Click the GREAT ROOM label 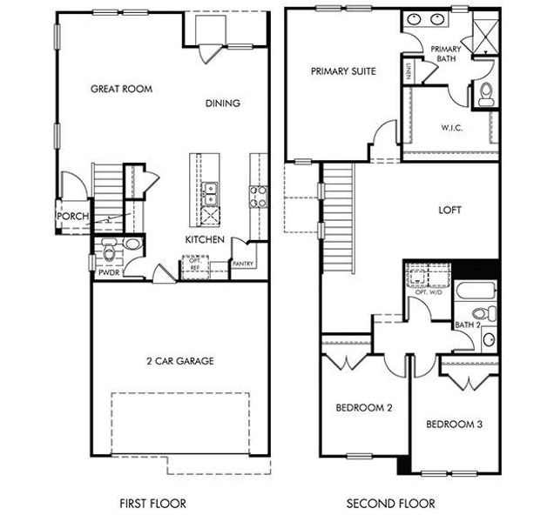(x=121, y=89)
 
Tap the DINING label (x=222, y=104)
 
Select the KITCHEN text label (x=205, y=239)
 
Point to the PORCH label (x=70, y=217)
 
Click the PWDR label (x=108, y=271)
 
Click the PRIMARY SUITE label (x=343, y=72)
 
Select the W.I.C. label (x=451, y=128)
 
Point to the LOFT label (x=451, y=210)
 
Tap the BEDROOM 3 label (x=454, y=424)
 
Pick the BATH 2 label (x=468, y=325)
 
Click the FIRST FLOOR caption (x=152, y=503)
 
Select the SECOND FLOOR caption (x=391, y=503)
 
